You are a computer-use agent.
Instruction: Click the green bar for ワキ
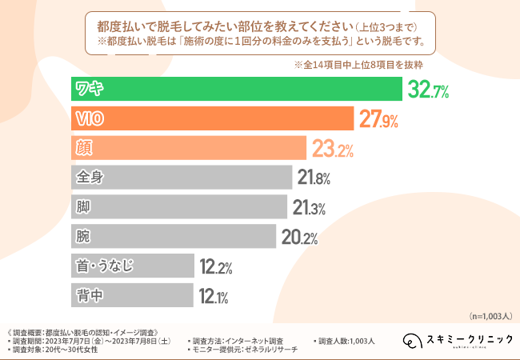pos(236,89)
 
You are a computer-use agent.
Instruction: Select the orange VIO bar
pos(212,118)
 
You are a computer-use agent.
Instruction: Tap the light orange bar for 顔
pos(189,148)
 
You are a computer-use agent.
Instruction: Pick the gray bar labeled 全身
pos(181,177)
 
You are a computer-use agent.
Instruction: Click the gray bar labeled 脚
pos(178,206)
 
